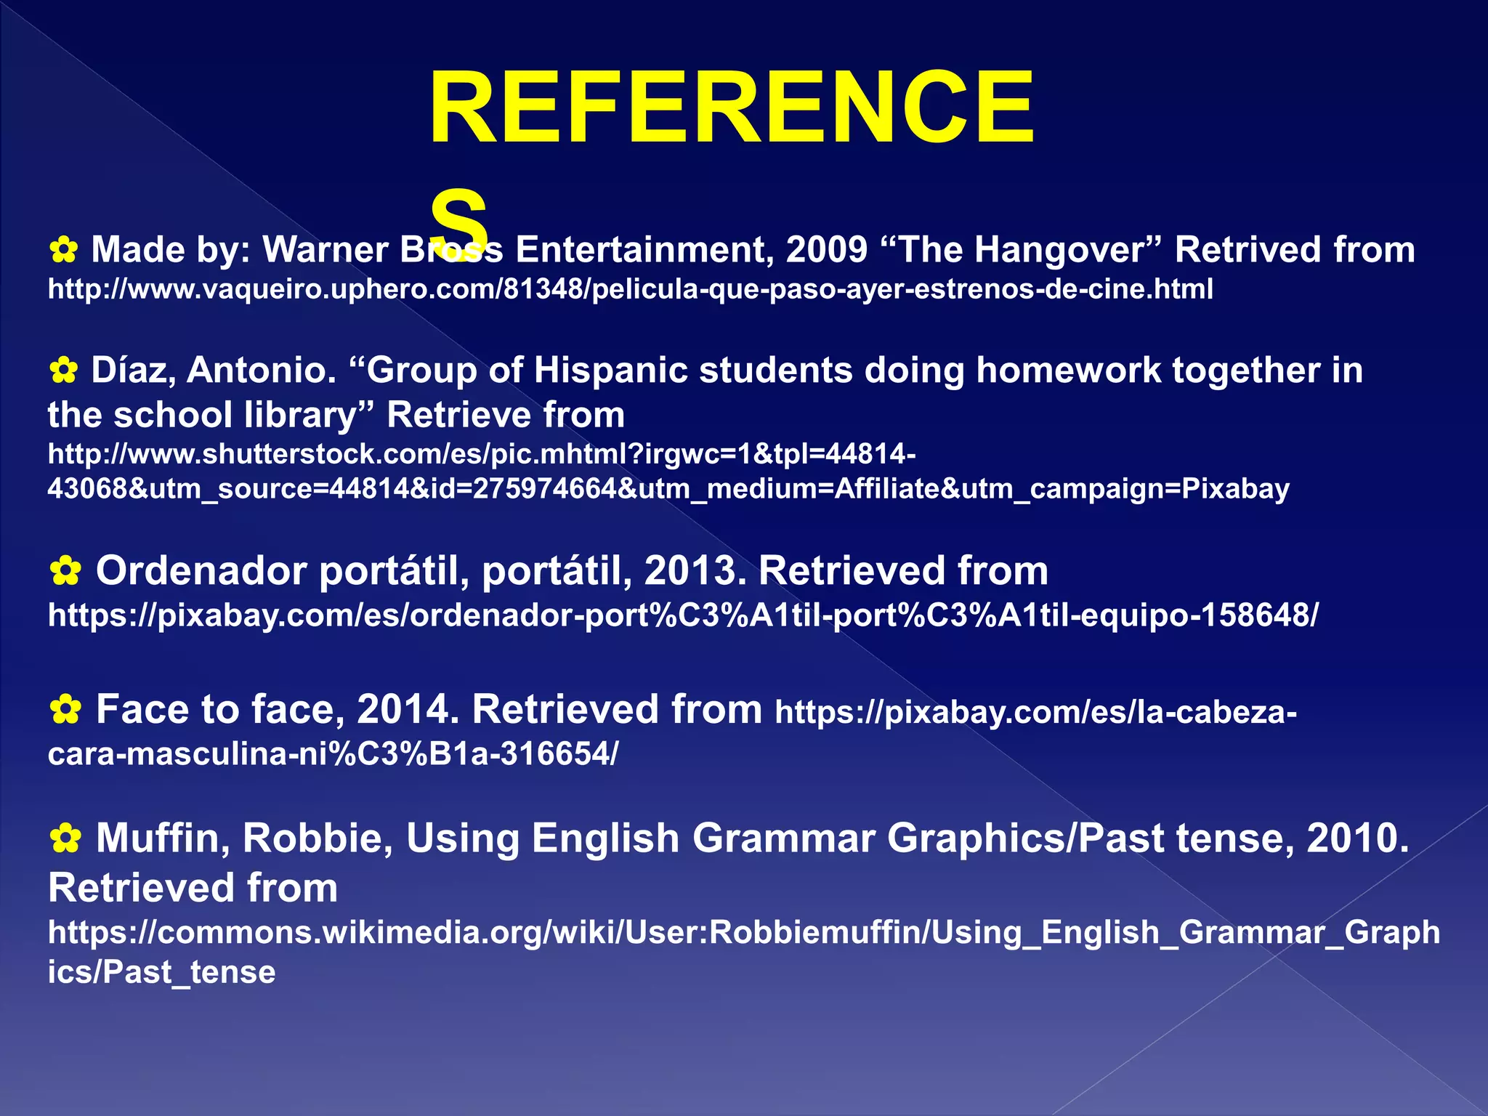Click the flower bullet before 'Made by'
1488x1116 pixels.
click(64, 251)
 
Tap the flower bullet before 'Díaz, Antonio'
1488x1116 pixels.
click(64, 371)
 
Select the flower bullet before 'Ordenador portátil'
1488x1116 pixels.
click(65, 572)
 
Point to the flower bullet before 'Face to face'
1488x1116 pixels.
click(65, 710)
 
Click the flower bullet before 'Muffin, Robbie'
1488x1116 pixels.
click(65, 839)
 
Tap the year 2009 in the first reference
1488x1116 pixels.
click(827, 251)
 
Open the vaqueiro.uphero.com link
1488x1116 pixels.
click(630, 290)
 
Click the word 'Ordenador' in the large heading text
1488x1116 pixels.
click(201, 571)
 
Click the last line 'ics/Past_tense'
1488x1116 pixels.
click(161, 973)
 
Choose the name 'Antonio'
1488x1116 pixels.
click(262, 371)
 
